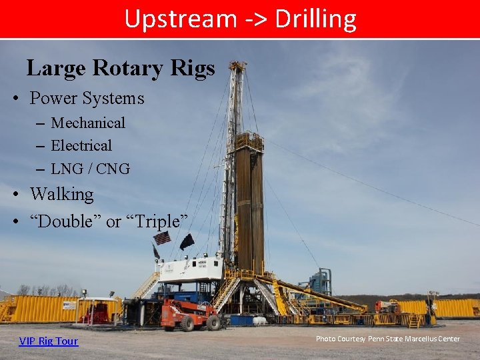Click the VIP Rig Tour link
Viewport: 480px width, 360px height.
[49, 341]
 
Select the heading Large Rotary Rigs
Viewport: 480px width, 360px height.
[121, 68]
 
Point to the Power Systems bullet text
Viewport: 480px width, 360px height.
[87, 99]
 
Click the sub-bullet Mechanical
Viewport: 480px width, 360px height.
[88, 123]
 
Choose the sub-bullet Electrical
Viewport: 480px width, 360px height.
[81, 145]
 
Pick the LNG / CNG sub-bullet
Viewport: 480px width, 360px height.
[90, 169]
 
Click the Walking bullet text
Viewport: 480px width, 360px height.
[62, 195]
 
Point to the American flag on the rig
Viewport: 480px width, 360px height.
[162, 238]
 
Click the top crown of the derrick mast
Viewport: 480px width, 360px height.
[237, 67]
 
